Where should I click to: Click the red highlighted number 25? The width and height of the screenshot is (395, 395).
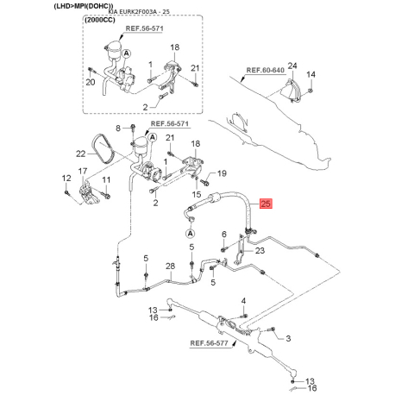(266, 204)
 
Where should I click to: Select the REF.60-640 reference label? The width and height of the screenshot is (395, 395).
(265, 70)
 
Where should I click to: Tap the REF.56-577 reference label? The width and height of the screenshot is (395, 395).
(209, 343)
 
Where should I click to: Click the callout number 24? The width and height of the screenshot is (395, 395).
(292, 66)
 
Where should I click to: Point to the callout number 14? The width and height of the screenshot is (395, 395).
(310, 74)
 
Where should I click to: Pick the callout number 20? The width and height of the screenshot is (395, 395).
(91, 82)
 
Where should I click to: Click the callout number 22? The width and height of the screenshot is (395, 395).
(81, 154)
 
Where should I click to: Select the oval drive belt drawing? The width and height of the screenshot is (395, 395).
(103, 149)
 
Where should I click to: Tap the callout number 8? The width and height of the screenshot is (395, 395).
(118, 129)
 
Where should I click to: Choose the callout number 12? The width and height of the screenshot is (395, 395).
(66, 179)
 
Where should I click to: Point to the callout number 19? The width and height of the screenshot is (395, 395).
(222, 173)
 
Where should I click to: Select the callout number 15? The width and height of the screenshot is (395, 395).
(197, 194)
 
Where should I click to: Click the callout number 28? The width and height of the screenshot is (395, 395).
(170, 266)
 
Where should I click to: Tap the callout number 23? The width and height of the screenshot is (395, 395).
(260, 251)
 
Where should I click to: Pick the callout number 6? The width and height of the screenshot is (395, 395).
(224, 235)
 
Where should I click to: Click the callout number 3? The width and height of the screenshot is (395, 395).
(288, 338)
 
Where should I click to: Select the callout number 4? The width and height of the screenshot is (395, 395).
(243, 301)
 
